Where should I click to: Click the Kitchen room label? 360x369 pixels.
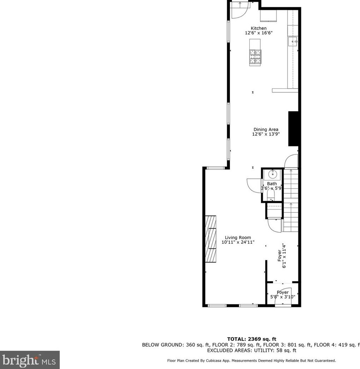coord(258,28)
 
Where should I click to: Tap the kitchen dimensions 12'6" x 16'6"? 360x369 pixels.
coord(259,33)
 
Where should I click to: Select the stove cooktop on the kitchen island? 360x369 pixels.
coord(256,57)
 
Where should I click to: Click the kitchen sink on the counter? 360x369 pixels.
coord(293,42)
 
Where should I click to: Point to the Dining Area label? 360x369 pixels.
coord(266,129)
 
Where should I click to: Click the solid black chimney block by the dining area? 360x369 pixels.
coord(294,129)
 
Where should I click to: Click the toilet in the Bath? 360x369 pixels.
coord(271,195)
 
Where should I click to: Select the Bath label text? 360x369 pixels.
coord(272,184)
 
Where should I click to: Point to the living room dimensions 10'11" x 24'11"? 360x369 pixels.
coord(238,242)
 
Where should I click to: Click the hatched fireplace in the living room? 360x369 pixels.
coord(211,239)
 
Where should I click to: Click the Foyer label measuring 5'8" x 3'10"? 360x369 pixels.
coord(282,292)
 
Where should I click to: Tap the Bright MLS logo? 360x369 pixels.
coord(30,360)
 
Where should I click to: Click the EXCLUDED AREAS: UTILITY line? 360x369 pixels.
coord(251,351)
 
